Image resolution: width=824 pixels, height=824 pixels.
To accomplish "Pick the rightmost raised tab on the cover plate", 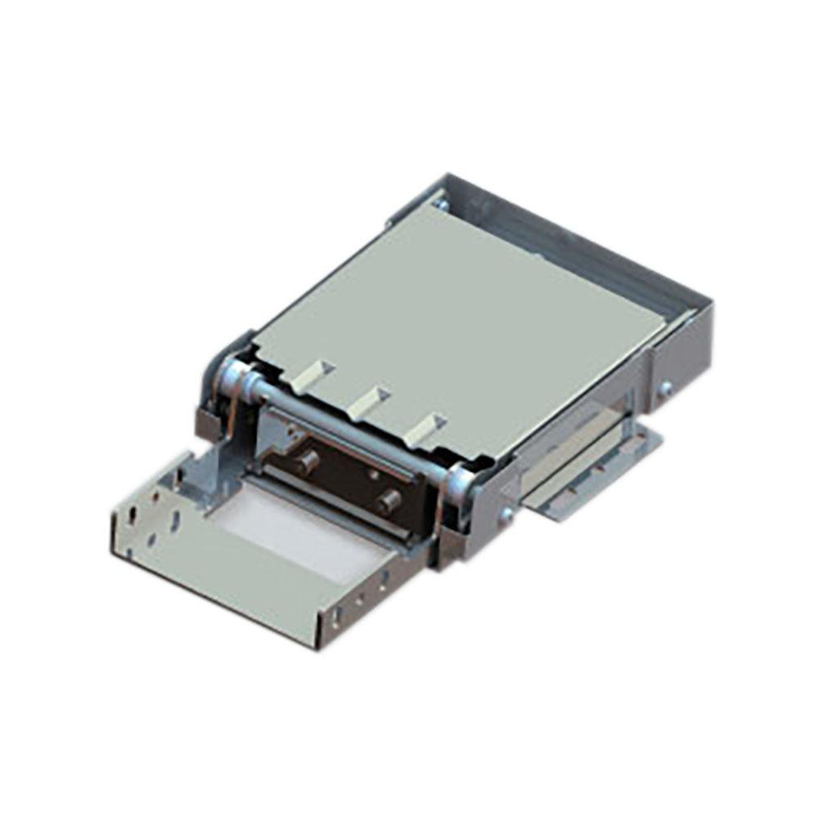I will [428, 427].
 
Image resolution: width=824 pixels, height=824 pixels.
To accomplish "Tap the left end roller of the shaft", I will [233, 381].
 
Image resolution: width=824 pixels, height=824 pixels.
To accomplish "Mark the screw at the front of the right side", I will [506, 515].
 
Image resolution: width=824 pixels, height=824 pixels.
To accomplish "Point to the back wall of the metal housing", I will [577, 239].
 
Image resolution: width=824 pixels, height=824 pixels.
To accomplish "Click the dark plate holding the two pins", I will [346, 478].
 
